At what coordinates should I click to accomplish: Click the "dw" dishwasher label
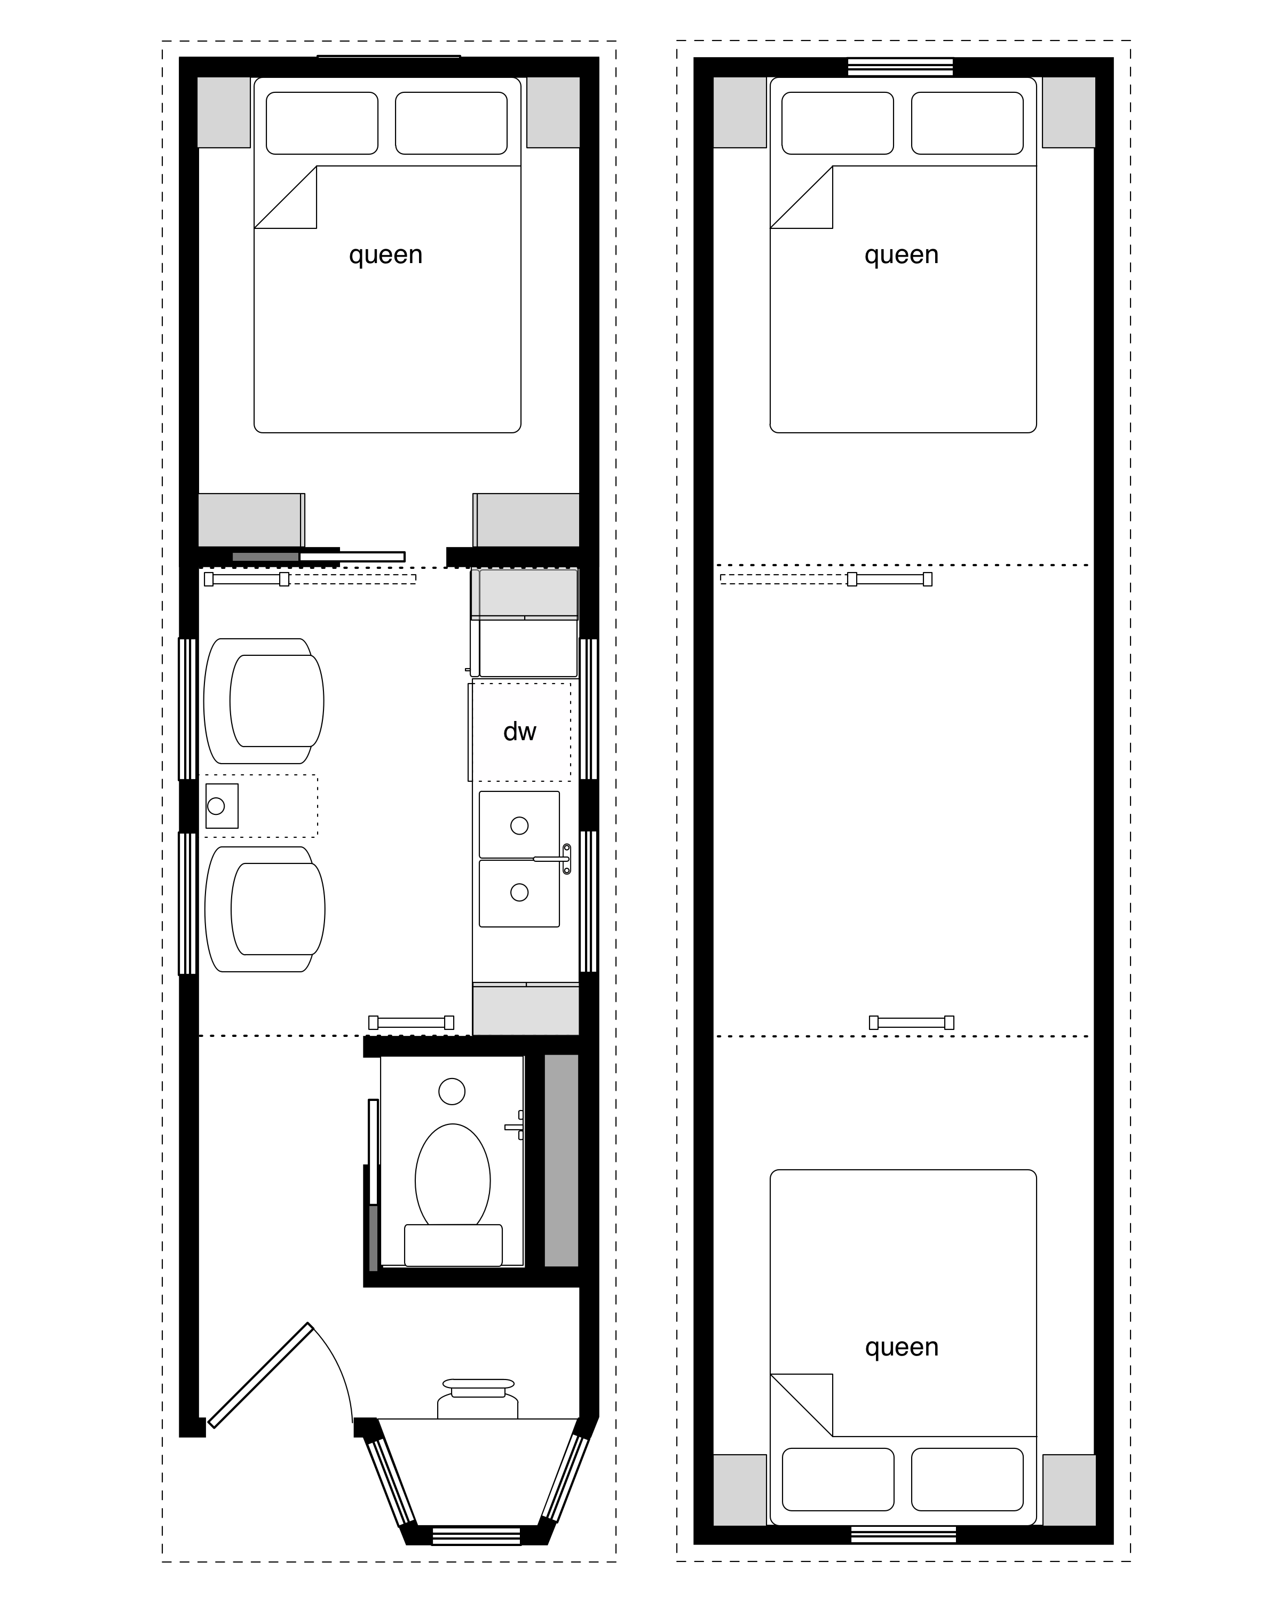point(520,731)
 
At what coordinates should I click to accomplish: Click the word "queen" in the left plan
point(385,256)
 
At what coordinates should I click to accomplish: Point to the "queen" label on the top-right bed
point(902,256)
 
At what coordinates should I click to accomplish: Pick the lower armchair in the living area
point(265,909)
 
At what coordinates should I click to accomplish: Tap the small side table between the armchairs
point(222,806)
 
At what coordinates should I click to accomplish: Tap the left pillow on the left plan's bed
point(322,123)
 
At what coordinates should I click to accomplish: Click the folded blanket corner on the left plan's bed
point(286,197)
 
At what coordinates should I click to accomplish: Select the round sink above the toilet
point(452,1091)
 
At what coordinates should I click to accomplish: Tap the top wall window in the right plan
point(900,67)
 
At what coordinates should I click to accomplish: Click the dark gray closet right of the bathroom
point(561,1160)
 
